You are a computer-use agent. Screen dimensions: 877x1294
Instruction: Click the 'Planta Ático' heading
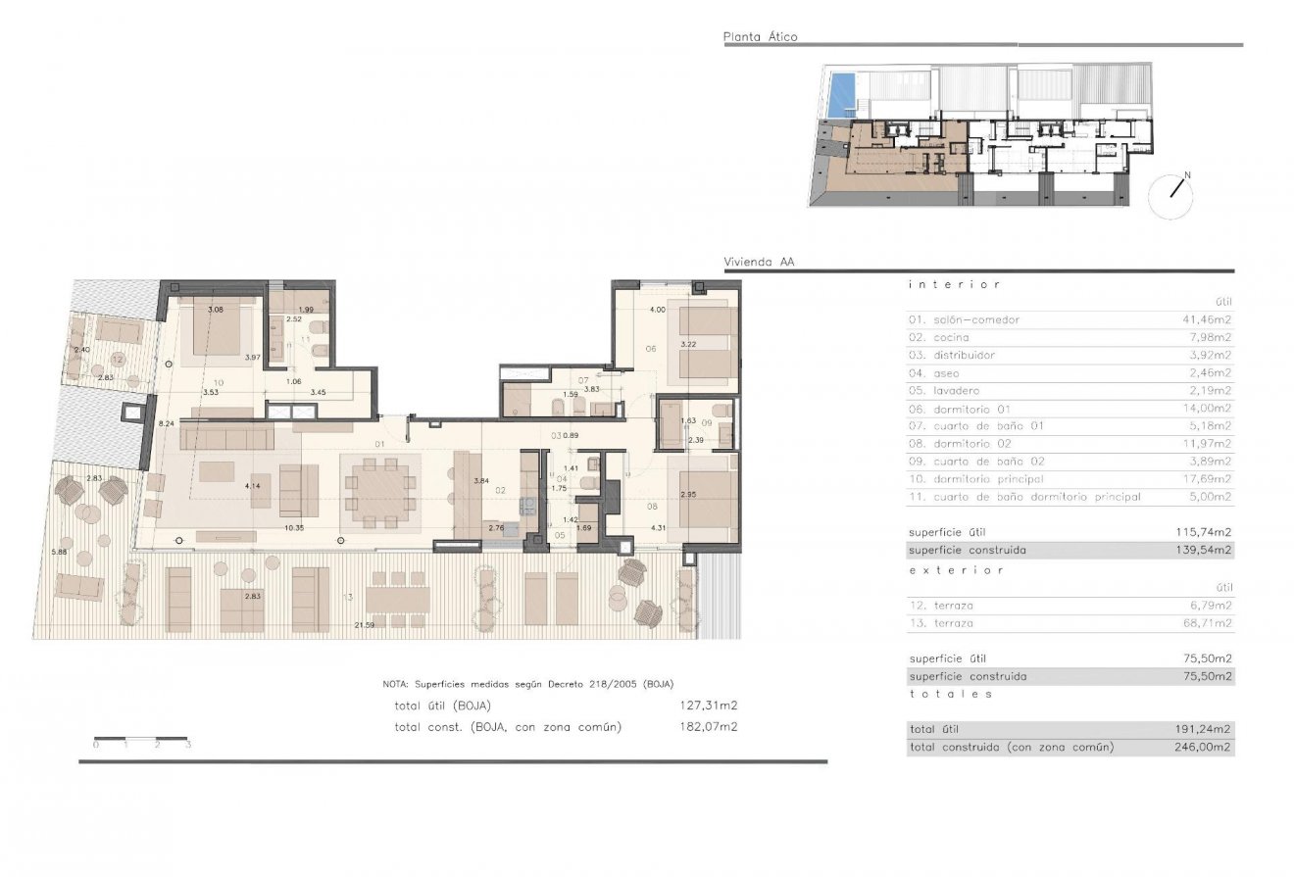760,37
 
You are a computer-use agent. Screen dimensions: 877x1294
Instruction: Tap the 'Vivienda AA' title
759,263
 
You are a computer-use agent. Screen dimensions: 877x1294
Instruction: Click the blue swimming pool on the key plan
840,95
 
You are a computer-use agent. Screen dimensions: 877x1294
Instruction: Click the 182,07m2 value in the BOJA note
709,726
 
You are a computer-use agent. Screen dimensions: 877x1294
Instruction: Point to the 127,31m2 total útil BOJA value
709,705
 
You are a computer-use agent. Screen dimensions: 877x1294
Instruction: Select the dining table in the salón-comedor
380,487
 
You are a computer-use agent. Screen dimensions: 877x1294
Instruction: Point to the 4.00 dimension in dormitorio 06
657,311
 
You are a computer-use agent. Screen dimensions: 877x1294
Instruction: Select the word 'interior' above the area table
954,284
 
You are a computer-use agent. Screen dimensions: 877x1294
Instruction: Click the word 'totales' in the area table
951,694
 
